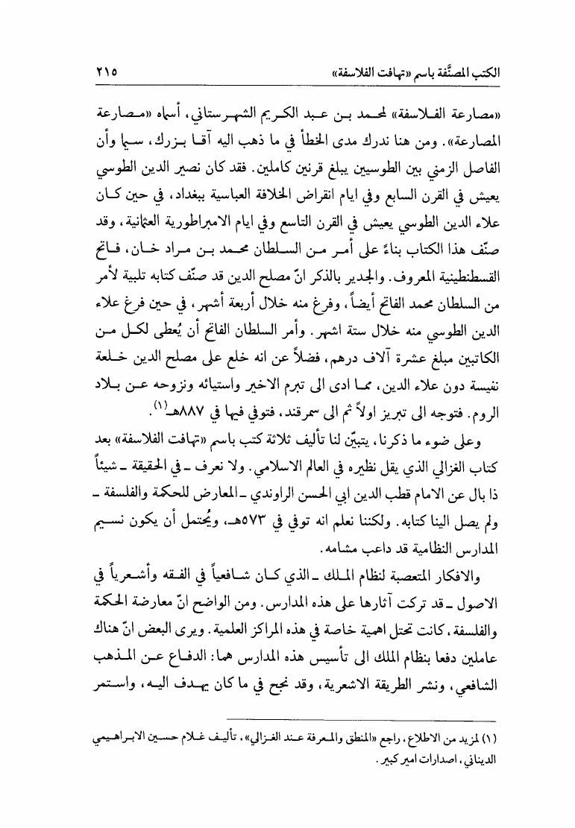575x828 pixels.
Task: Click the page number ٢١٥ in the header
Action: [106, 73]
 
